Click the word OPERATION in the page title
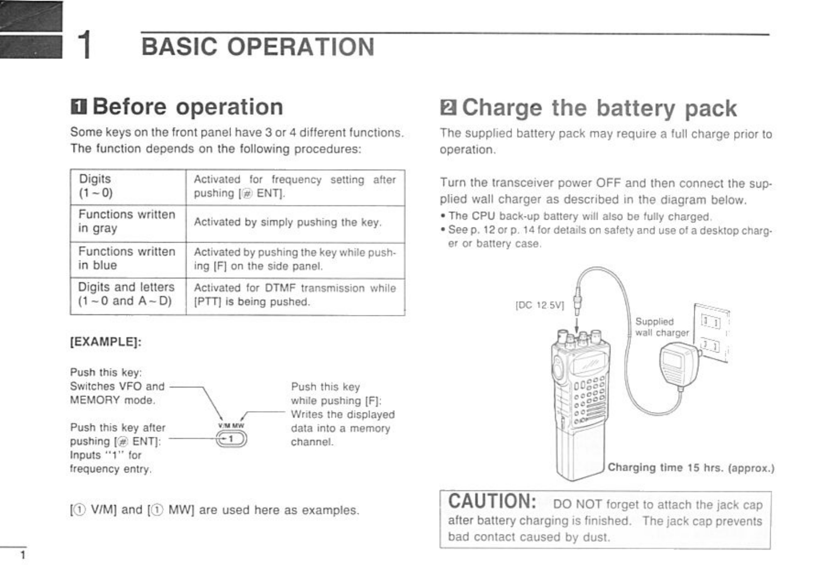click(x=300, y=47)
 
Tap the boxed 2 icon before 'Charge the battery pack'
click(x=448, y=108)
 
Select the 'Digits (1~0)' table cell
click(x=127, y=187)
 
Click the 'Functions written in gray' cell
click(x=127, y=222)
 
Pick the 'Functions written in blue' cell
click(x=127, y=258)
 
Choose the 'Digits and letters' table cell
click(x=127, y=295)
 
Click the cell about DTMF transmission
click(x=295, y=295)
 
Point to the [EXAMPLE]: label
click(x=105, y=343)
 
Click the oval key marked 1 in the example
click(x=231, y=439)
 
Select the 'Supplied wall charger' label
click(x=662, y=327)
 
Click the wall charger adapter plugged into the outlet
click(x=679, y=364)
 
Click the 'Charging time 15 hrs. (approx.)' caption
click(x=691, y=468)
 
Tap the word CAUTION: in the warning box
click(x=492, y=502)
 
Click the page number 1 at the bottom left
click(x=21, y=556)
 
